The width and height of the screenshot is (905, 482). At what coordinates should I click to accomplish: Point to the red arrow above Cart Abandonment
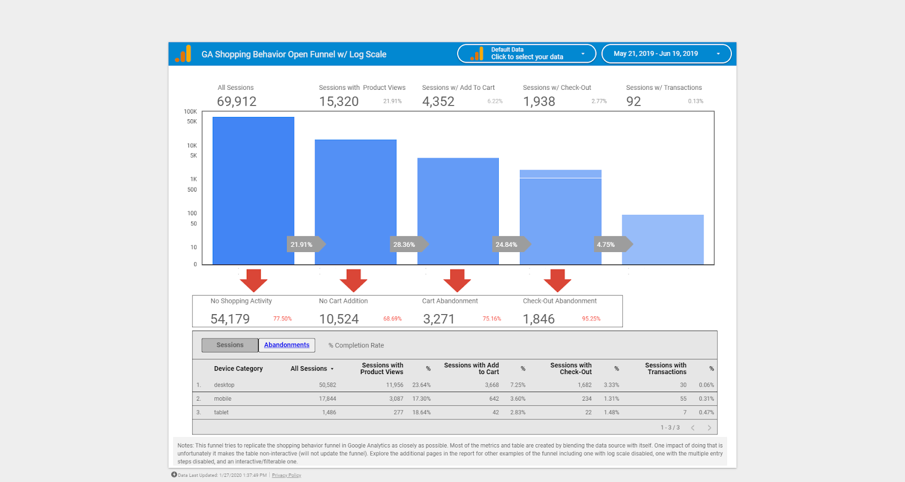pos(457,280)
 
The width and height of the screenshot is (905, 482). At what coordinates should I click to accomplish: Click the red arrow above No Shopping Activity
pos(253,280)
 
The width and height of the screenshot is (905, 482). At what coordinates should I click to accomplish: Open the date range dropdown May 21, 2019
pos(666,54)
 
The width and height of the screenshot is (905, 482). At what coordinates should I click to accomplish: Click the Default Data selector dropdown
pos(527,54)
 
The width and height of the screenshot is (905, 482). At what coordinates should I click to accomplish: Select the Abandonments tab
pos(287,345)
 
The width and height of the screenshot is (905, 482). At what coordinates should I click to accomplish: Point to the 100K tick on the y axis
pos(191,112)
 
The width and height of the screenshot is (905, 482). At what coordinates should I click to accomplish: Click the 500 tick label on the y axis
pos(192,190)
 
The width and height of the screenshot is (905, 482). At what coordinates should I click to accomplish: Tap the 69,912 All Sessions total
pos(236,102)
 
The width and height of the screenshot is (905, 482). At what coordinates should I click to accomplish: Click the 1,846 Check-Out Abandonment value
pos(538,319)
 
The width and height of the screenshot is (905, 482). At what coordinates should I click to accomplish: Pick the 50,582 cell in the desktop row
pos(327,385)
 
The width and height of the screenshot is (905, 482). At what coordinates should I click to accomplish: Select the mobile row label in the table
pos(223,399)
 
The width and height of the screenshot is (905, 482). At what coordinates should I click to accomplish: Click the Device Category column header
pos(238,369)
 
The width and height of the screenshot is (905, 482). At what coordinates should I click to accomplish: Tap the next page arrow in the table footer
pos(709,428)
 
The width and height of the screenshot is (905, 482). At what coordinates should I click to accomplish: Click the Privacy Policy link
pos(286,475)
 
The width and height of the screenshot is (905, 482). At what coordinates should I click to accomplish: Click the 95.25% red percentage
pos(591,319)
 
